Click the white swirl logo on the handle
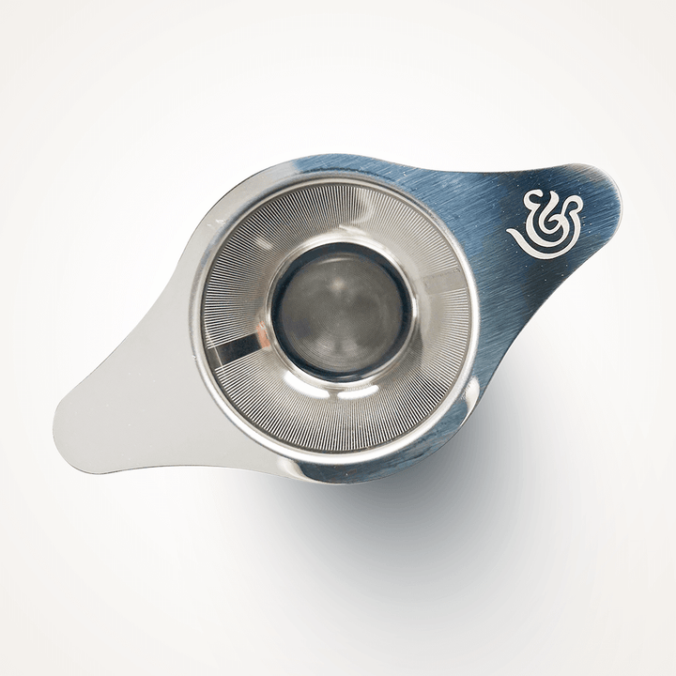tap(547, 223)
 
